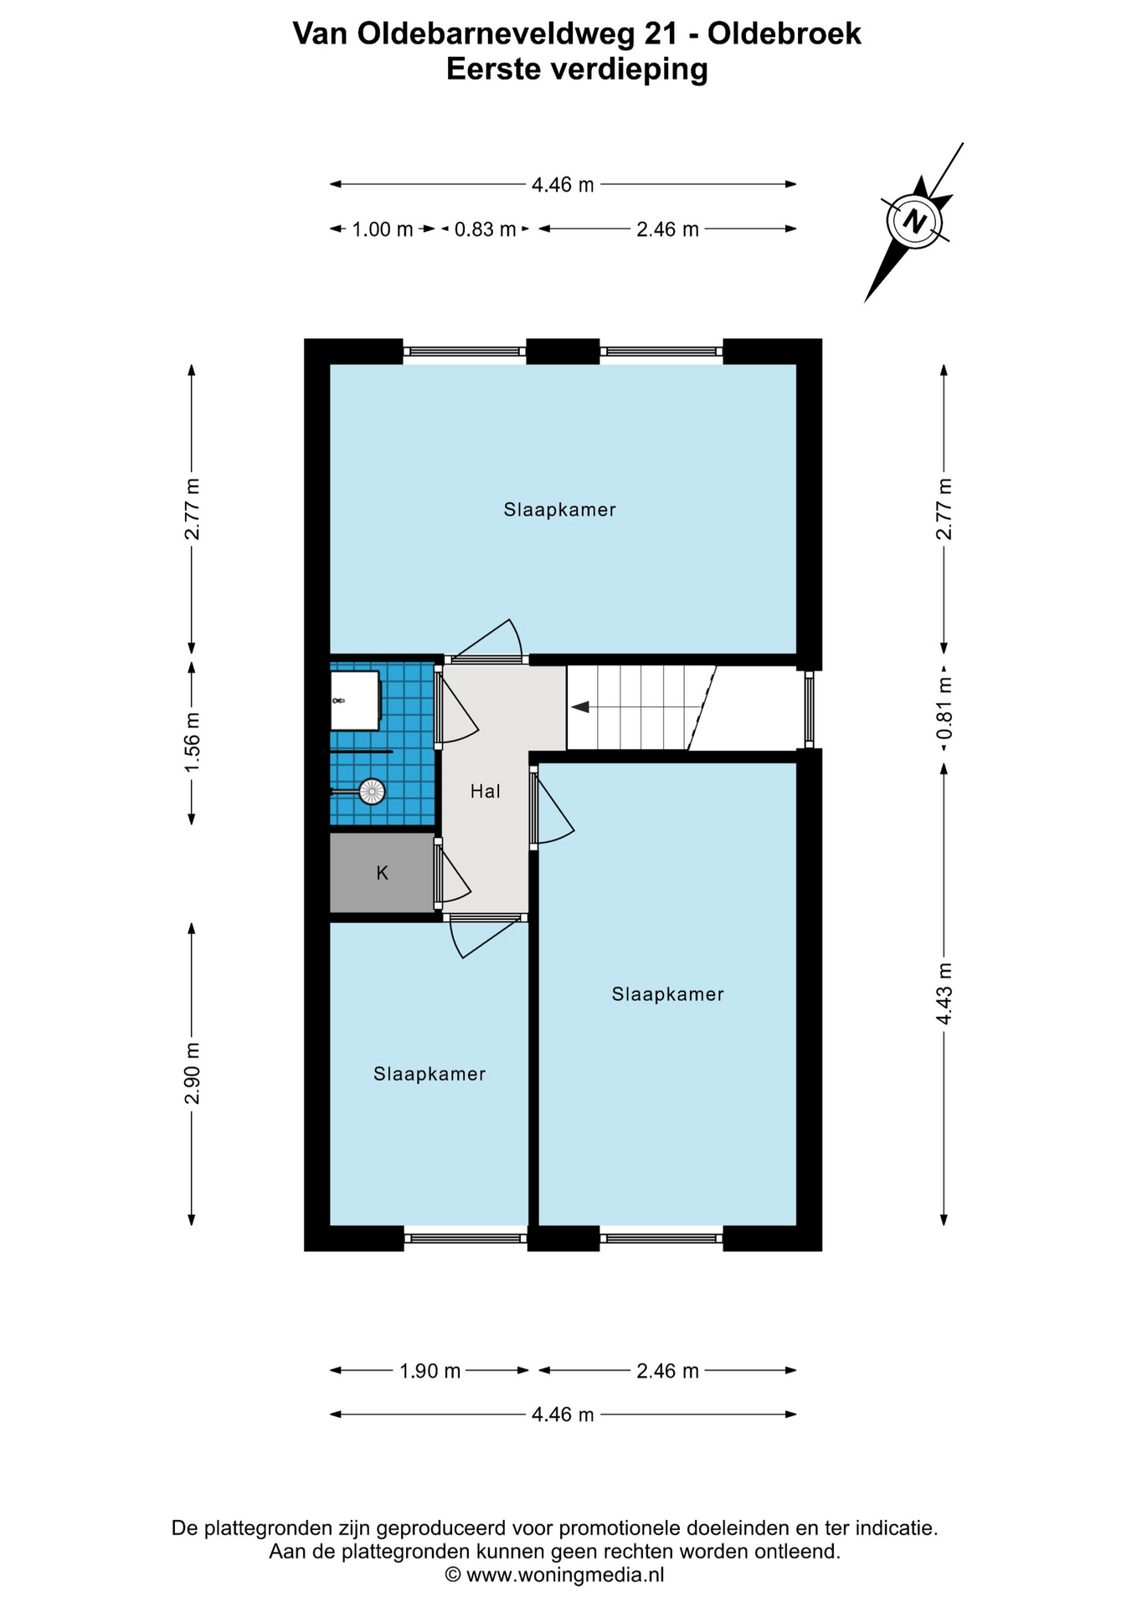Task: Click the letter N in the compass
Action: pyautogui.click(x=914, y=222)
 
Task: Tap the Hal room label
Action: pyautogui.click(x=485, y=791)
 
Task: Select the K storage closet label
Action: pyautogui.click(x=383, y=873)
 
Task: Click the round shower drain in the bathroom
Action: pyautogui.click(x=372, y=791)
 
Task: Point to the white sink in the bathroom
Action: pyautogui.click(x=356, y=700)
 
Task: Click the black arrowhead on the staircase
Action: pyautogui.click(x=579, y=707)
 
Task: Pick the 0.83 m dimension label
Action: pyautogui.click(x=485, y=229)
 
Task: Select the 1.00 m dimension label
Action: pyautogui.click(x=383, y=229)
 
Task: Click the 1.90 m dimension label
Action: pyautogui.click(x=430, y=1371)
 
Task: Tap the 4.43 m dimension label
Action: pyautogui.click(x=944, y=993)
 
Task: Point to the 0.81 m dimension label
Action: pyautogui.click(x=944, y=707)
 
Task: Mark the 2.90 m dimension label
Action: pyautogui.click(x=193, y=1073)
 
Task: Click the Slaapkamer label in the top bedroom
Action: pyautogui.click(x=560, y=510)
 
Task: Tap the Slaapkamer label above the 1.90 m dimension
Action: pyautogui.click(x=430, y=1074)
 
